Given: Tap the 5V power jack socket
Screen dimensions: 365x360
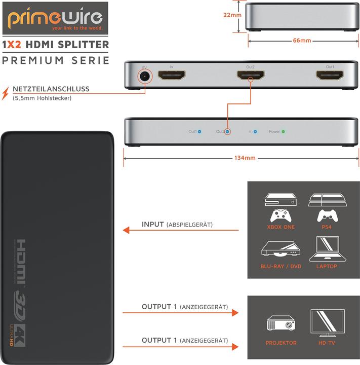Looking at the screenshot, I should point(145,76).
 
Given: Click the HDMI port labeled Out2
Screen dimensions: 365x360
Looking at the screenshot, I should point(251,77).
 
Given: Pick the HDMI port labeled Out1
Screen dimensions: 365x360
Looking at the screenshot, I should point(330,77).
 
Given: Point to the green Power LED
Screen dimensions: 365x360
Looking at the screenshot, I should point(283,132).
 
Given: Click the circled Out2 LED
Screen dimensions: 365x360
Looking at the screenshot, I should point(227,132).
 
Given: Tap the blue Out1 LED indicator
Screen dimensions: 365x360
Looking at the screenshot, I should point(199,132).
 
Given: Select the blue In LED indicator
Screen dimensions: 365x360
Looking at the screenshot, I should point(255,132).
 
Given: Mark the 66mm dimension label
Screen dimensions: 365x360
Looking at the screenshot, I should point(302,41).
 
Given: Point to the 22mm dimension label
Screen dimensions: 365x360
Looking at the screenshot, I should point(232,15).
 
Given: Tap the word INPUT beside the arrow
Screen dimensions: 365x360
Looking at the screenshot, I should point(153,225).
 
